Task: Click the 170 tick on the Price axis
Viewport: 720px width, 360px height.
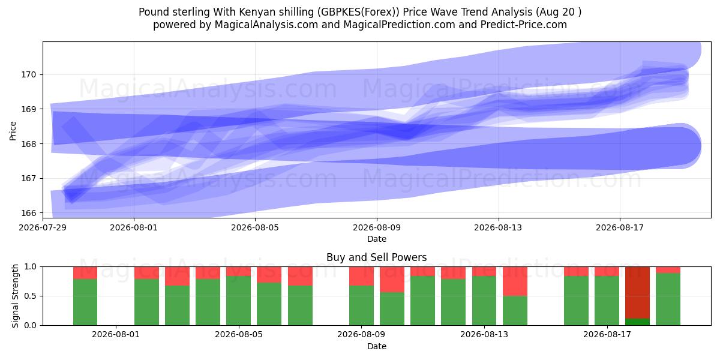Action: point(29,75)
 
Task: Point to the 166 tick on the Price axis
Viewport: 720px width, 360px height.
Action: point(29,213)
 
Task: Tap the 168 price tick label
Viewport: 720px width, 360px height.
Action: point(29,144)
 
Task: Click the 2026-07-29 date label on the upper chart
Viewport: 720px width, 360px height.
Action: point(43,227)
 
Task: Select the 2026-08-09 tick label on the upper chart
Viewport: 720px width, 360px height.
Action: point(377,227)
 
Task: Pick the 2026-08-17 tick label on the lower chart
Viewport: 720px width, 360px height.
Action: point(607,335)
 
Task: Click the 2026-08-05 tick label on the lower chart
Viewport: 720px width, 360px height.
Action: point(239,335)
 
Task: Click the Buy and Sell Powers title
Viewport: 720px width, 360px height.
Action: point(377,257)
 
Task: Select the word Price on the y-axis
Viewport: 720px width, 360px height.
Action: point(13,131)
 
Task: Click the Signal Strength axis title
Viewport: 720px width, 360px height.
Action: point(15,296)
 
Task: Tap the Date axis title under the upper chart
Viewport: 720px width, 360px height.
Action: point(377,239)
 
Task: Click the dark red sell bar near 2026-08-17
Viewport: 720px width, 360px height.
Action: point(637,293)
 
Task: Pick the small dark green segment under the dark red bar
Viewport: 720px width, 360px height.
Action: point(637,322)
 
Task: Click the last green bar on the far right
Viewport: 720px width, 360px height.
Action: point(668,299)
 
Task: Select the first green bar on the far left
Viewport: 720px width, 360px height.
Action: point(85,302)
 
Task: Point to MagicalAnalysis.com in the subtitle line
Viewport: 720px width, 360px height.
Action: point(266,25)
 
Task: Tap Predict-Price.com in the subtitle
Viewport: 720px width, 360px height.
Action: point(524,25)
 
